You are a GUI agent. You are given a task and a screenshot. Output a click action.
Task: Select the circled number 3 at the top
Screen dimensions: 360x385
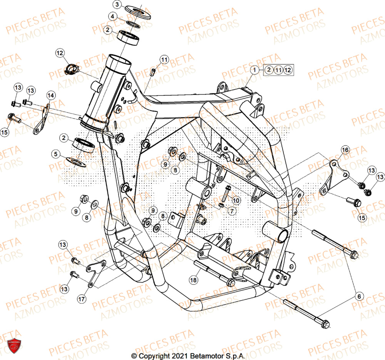click(x=118, y=5)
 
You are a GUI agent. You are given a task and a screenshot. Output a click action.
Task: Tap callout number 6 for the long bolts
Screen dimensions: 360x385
click(x=359, y=296)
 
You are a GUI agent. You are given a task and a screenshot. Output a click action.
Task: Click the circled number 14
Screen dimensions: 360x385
click(x=51, y=95)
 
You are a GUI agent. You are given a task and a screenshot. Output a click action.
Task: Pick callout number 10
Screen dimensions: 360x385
click(x=236, y=200)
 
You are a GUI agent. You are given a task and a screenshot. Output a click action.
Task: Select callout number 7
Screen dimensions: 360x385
click(x=231, y=211)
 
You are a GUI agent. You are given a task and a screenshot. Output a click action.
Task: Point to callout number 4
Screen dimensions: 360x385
click(x=111, y=17)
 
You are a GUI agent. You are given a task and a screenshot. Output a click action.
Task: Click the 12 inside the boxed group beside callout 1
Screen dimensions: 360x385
click(x=288, y=70)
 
